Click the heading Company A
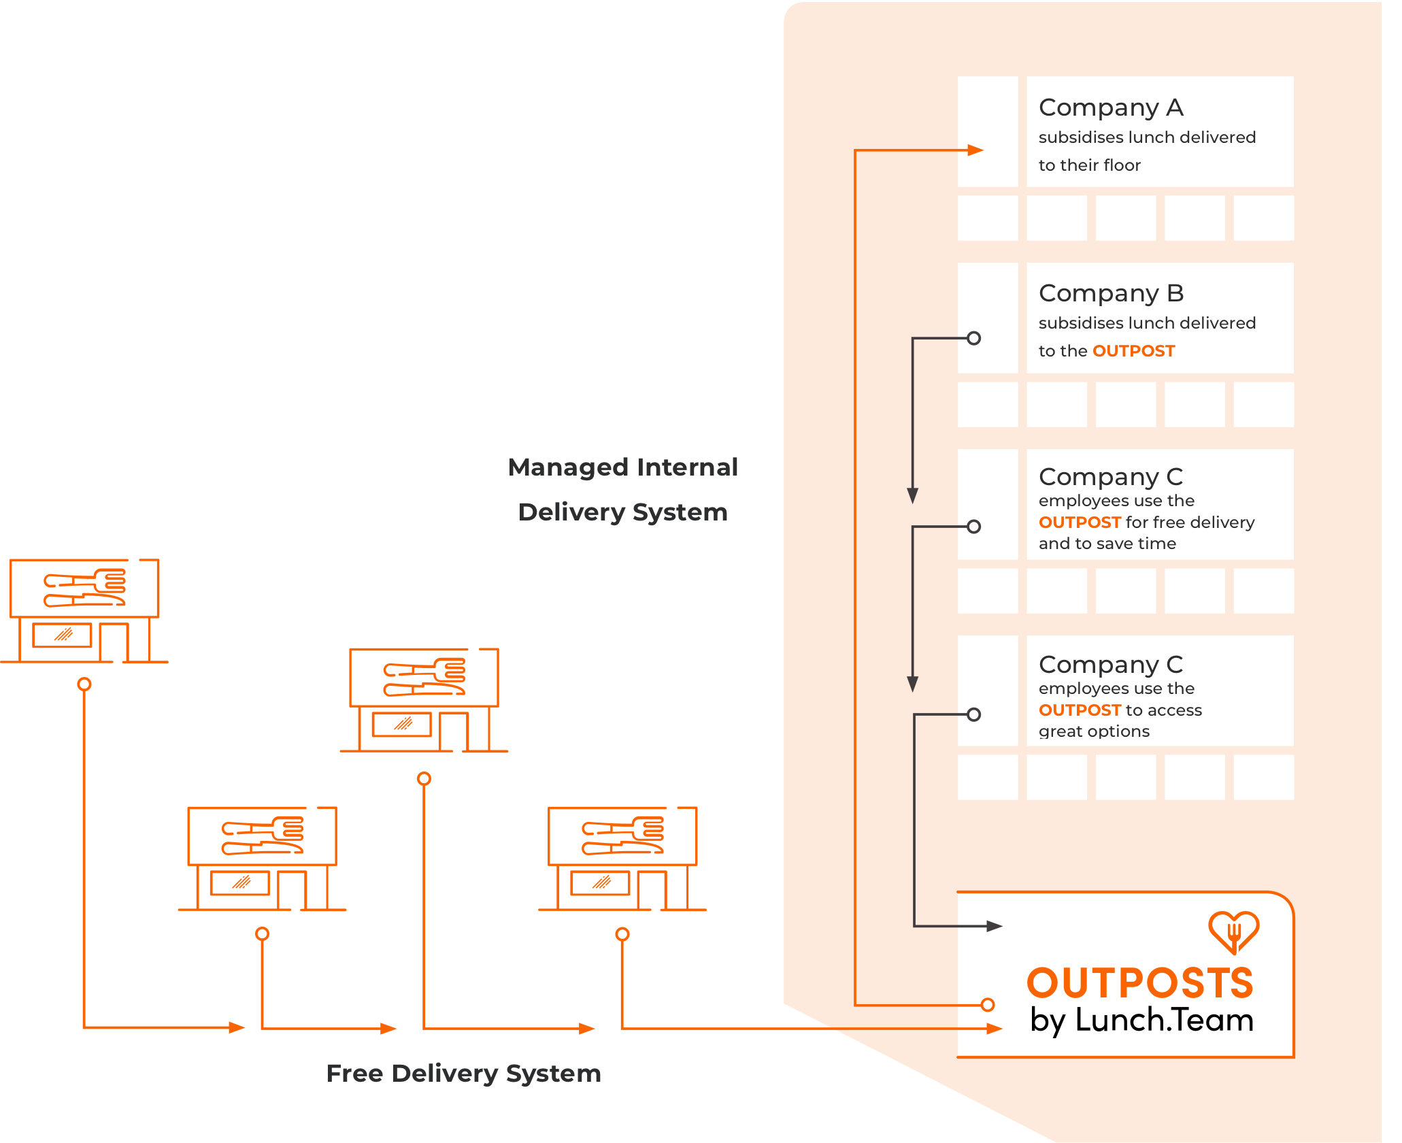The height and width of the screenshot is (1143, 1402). [x=1111, y=107]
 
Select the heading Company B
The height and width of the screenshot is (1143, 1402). [x=1111, y=293]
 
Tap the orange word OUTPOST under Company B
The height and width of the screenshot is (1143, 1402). [x=1133, y=351]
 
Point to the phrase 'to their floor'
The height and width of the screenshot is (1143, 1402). [x=1089, y=165]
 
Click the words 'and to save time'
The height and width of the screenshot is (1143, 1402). [x=1107, y=544]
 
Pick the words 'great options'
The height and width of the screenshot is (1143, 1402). [x=1094, y=731]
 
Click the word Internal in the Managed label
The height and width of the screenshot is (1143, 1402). [x=687, y=467]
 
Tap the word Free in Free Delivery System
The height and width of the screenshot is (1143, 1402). [x=354, y=1073]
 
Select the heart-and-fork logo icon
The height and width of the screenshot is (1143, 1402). [x=1233, y=931]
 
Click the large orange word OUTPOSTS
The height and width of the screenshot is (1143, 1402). [x=1139, y=983]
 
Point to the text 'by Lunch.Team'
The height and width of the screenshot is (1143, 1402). [x=1141, y=1021]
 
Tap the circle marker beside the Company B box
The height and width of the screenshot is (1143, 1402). [x=973, y=338]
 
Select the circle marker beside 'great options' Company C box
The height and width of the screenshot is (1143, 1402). [x=973, y=714]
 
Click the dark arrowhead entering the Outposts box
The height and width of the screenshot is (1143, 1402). [x=994, y=926]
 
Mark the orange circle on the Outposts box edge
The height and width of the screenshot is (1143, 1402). [x=988, y=1004]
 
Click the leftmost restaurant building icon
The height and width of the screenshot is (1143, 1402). [x=84, y=610]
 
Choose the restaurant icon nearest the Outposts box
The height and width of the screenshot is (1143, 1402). [x=622, y=859]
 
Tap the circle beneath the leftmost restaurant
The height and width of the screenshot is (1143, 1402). [x=84, y=684]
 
